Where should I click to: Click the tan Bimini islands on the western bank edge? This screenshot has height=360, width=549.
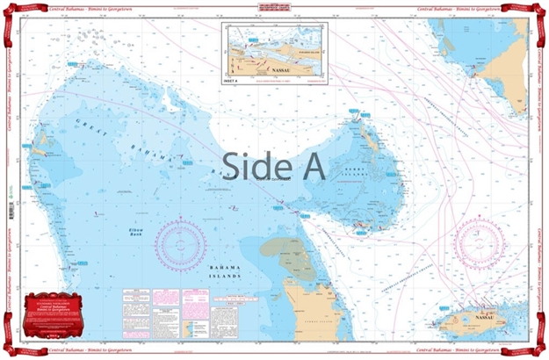[x=36, y=163]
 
